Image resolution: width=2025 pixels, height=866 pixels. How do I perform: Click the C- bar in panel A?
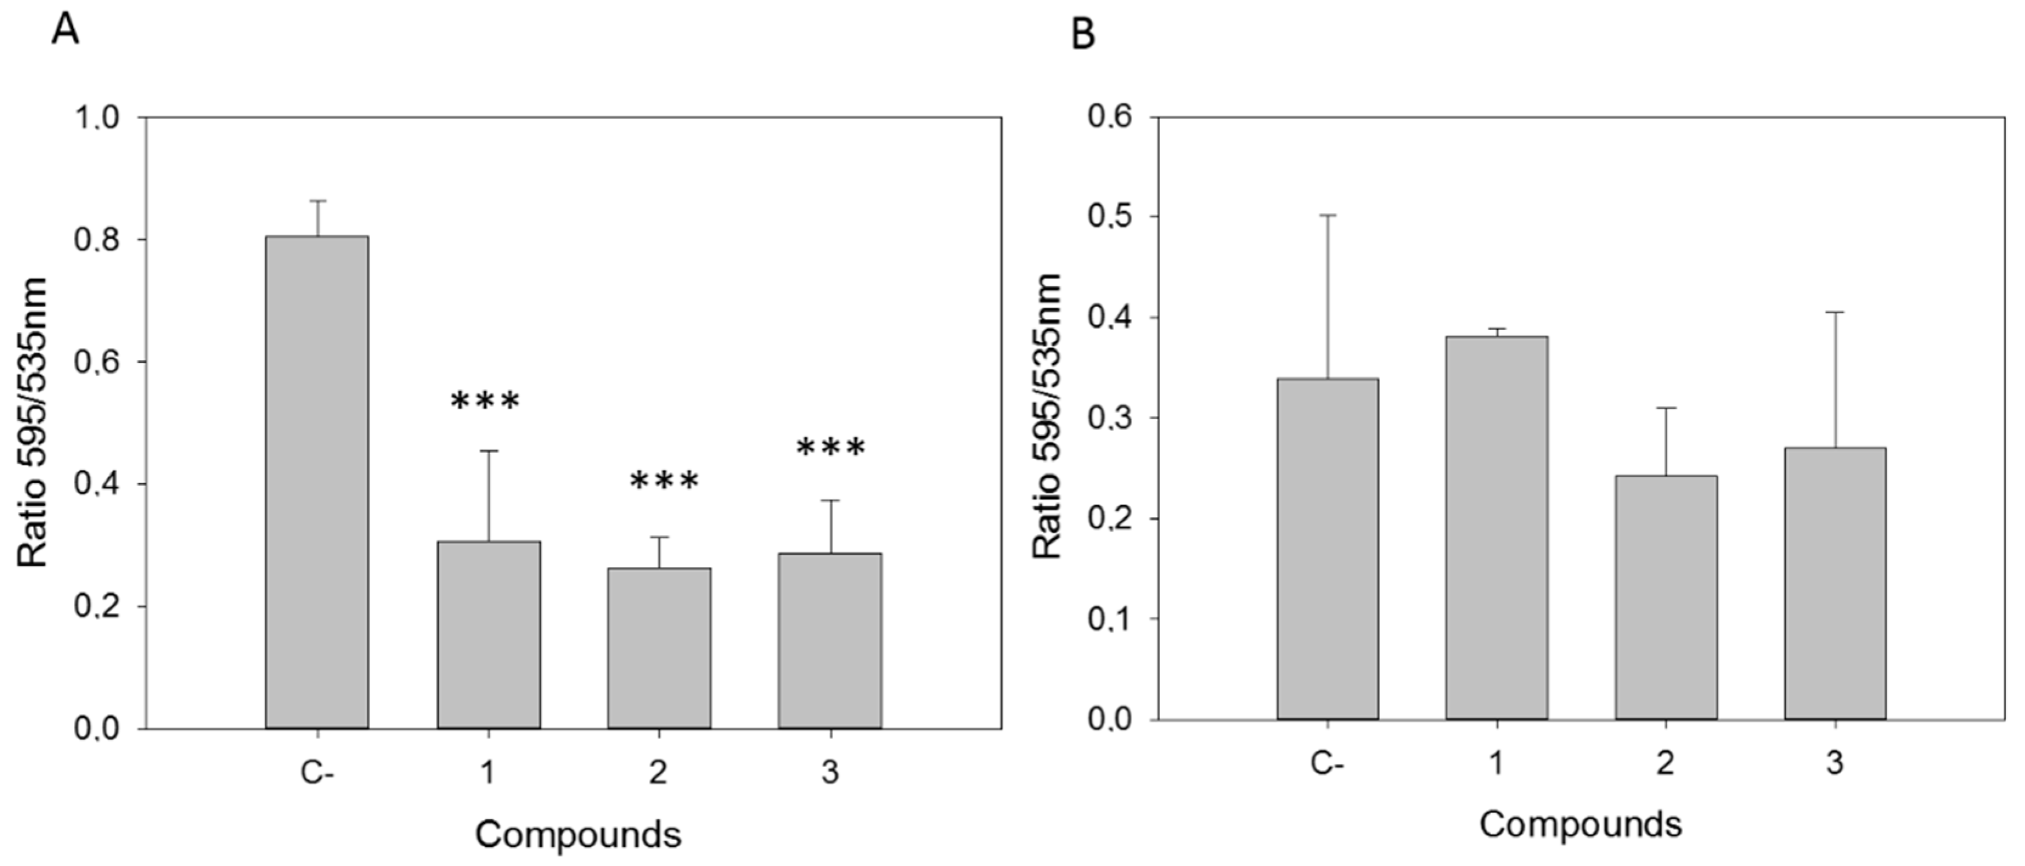click(x=317, y=481)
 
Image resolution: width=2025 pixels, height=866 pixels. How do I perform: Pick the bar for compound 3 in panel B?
click(x=1835, y=583)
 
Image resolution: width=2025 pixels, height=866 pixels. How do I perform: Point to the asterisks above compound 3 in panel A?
click(x=831, y=448)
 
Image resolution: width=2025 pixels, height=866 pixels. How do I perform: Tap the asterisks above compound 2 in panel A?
click(x=664, y=481)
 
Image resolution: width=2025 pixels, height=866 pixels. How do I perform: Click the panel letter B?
click(x=1082, y=34)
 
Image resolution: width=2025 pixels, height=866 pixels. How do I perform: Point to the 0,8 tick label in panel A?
click(x=96, y=239)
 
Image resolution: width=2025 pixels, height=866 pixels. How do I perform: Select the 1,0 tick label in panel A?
click(x=96, y=118)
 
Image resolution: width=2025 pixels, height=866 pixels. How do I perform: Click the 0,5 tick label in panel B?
click(x=1111, y=217)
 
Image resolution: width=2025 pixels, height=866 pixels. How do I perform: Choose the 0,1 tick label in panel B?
click(x=1111, y=619)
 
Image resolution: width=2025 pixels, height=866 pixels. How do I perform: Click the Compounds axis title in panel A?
click(x=578, y=834)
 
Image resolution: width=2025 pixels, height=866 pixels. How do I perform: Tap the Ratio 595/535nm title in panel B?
click(x=1047, y=418)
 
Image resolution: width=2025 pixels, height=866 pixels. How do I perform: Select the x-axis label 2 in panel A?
click(x=658, y=772)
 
